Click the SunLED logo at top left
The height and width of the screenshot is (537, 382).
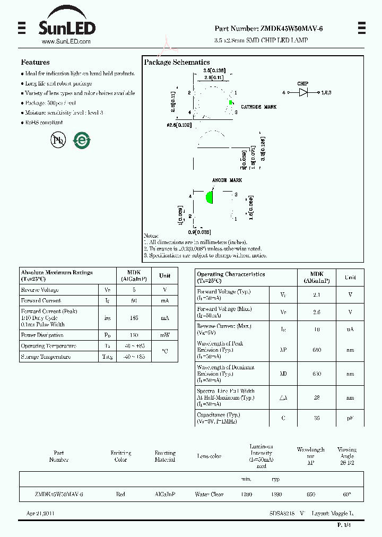[x=66, y=27]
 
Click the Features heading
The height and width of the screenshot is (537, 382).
[x=35, y=62]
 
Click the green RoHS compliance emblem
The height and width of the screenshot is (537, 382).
[x=82, y=140]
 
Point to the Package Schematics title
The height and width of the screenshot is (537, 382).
[x=177, y=62]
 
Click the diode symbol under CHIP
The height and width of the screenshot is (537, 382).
[x=303, y=92]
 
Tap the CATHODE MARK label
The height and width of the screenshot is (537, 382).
[x=258, y=107]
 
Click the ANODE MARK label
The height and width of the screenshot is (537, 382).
[x=227, y=180]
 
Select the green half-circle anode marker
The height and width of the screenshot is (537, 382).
[x=210, y=197]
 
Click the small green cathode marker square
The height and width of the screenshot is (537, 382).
[x=231, y=102]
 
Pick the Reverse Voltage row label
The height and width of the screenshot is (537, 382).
[x=40, y=290]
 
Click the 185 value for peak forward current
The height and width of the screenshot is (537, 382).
[x=134, y=318]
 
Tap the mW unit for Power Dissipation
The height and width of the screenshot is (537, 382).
[x=164, y=335]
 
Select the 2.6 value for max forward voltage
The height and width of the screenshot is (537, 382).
[x=316, y=312]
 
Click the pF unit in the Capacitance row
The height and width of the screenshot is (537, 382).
[x=350, y=418]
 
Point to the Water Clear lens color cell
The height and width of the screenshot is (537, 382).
[x=210, y=494]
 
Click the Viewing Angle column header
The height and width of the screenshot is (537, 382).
[x=347, y=453]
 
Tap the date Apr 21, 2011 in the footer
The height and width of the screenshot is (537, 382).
[x=40, y=514]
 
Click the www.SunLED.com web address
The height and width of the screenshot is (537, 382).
[x=66, y=41]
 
